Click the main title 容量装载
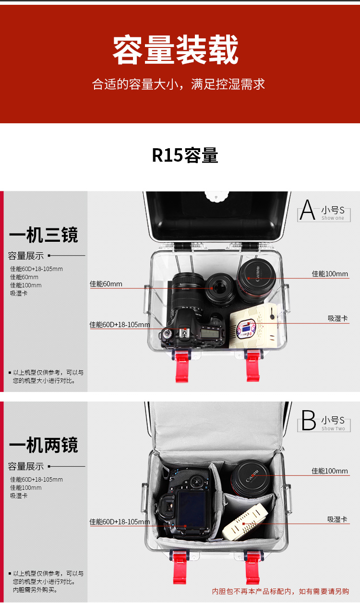click(x=176, y=50)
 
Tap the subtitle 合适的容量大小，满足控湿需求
click(x=179, y=85)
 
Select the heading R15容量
click(x=185, y=155)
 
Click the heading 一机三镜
click(x=43, y=235)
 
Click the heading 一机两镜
click(x=43, y=445)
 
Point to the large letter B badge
click(x=309, y=421)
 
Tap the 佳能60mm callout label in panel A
click(x=106, y=284)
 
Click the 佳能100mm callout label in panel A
click(x=330, y=274)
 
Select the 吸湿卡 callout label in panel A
click(x=337, y=318)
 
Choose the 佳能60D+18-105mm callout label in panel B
click(x=120, y=521)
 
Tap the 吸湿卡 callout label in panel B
click(x=337, y=519)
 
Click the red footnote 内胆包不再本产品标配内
click(x=280, y=591)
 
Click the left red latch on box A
click(x=181, y=365)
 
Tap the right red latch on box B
click(x=252, y=566)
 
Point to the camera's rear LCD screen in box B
click(x=191, y=510)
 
